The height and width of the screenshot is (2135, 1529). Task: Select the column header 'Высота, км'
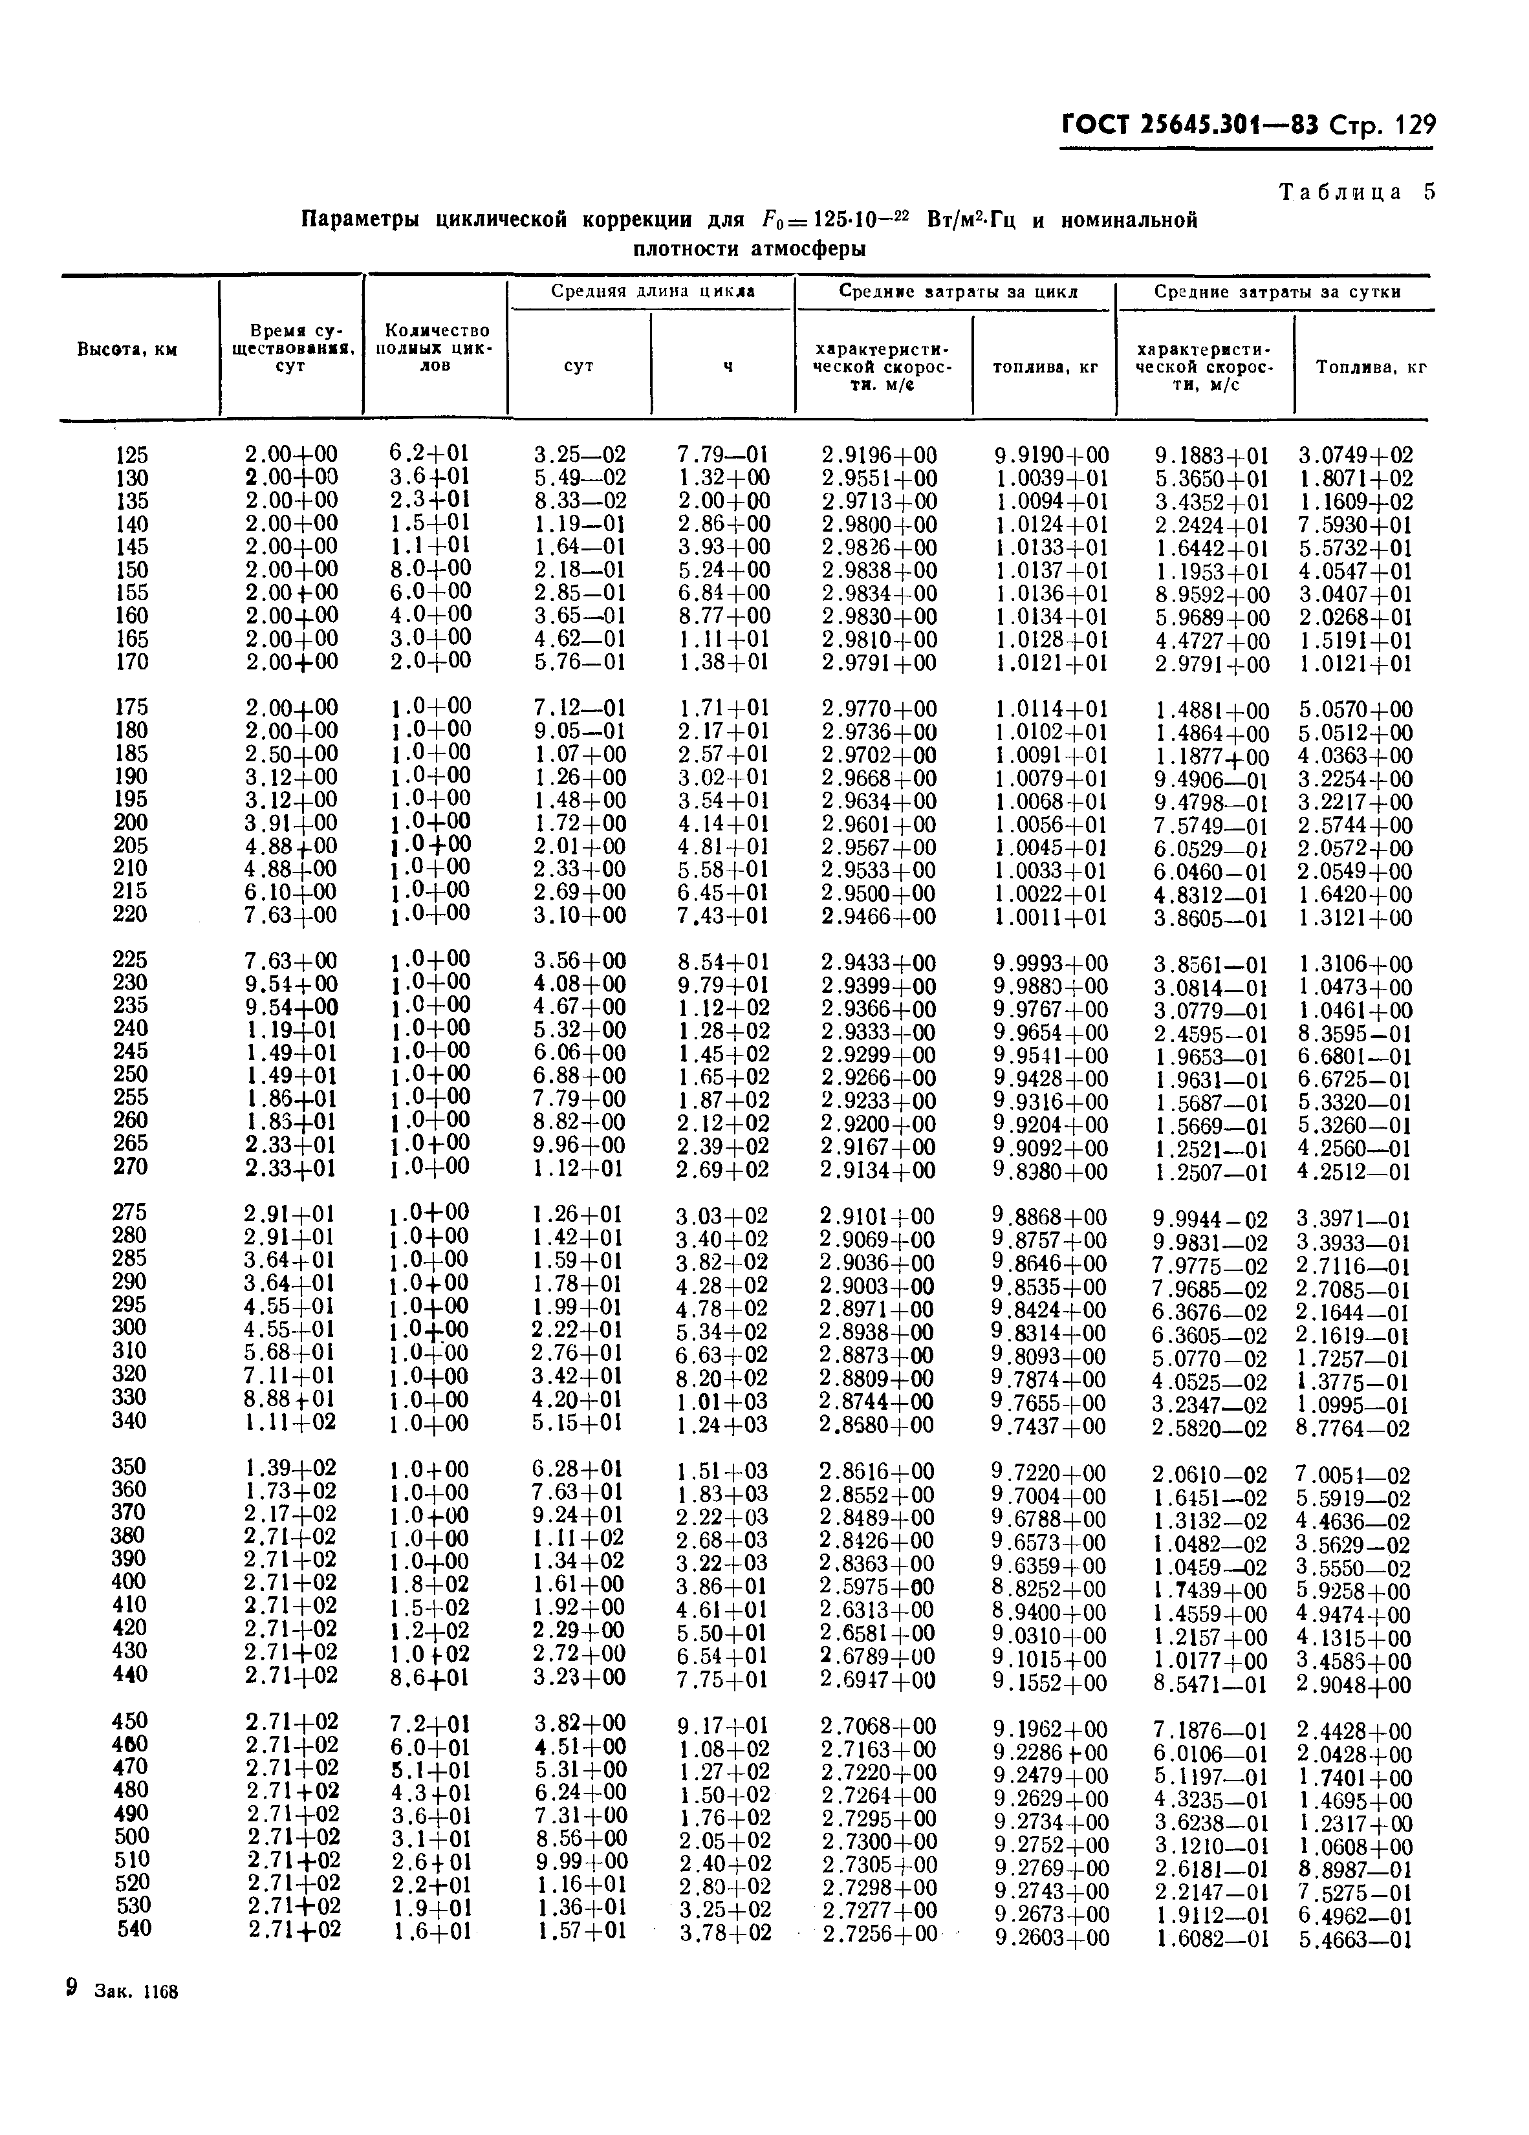click(x=127, y=349)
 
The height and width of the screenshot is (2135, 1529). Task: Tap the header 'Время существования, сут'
click(x=291, y=349)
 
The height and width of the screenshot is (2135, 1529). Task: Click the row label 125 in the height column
click(x=132, y=455)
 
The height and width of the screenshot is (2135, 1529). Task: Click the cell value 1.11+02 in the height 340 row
click(x=290, y=1422)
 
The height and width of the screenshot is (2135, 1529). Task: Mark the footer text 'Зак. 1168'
click(x=136, y=1993)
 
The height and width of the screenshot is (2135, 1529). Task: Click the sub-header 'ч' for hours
click(x=727, y=366)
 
